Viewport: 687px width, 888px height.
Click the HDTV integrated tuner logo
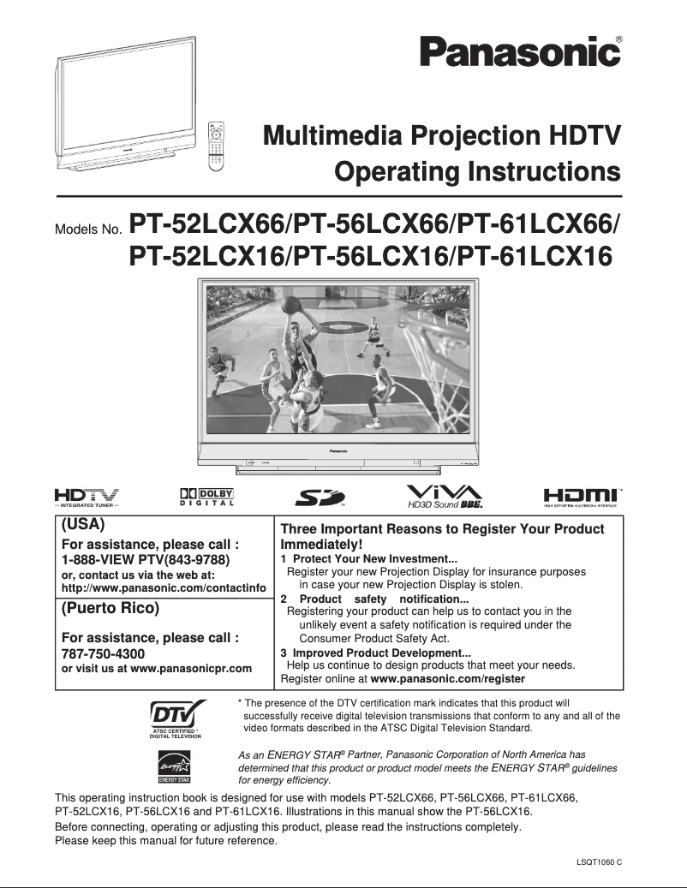pyautogui.click(x=87, y=497)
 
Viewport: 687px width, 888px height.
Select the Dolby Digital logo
pyautogui.click(x=206, y=497)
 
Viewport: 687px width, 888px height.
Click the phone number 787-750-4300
pyautogui.click(x=104, y=653)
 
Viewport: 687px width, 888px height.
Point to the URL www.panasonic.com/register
pyautogui.click(x=447, y=678)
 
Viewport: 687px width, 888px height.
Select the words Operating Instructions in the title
pyautogui.click(x=477, y=172)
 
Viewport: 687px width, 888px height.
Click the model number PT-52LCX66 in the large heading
pyautogui.click(x=206, y=224)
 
